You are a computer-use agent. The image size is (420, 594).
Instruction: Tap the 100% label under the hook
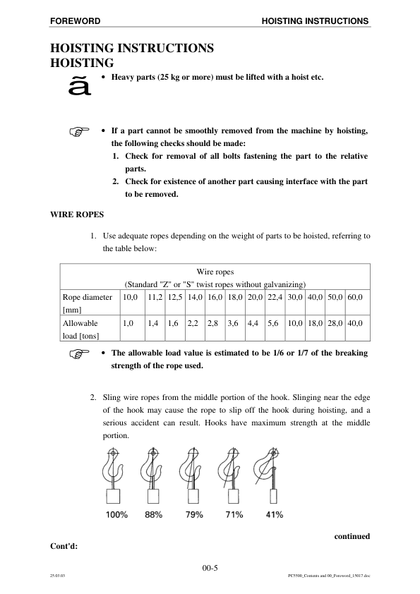116,515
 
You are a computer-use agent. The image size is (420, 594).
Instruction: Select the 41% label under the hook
274,515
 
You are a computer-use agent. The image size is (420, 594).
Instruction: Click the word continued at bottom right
351,536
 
